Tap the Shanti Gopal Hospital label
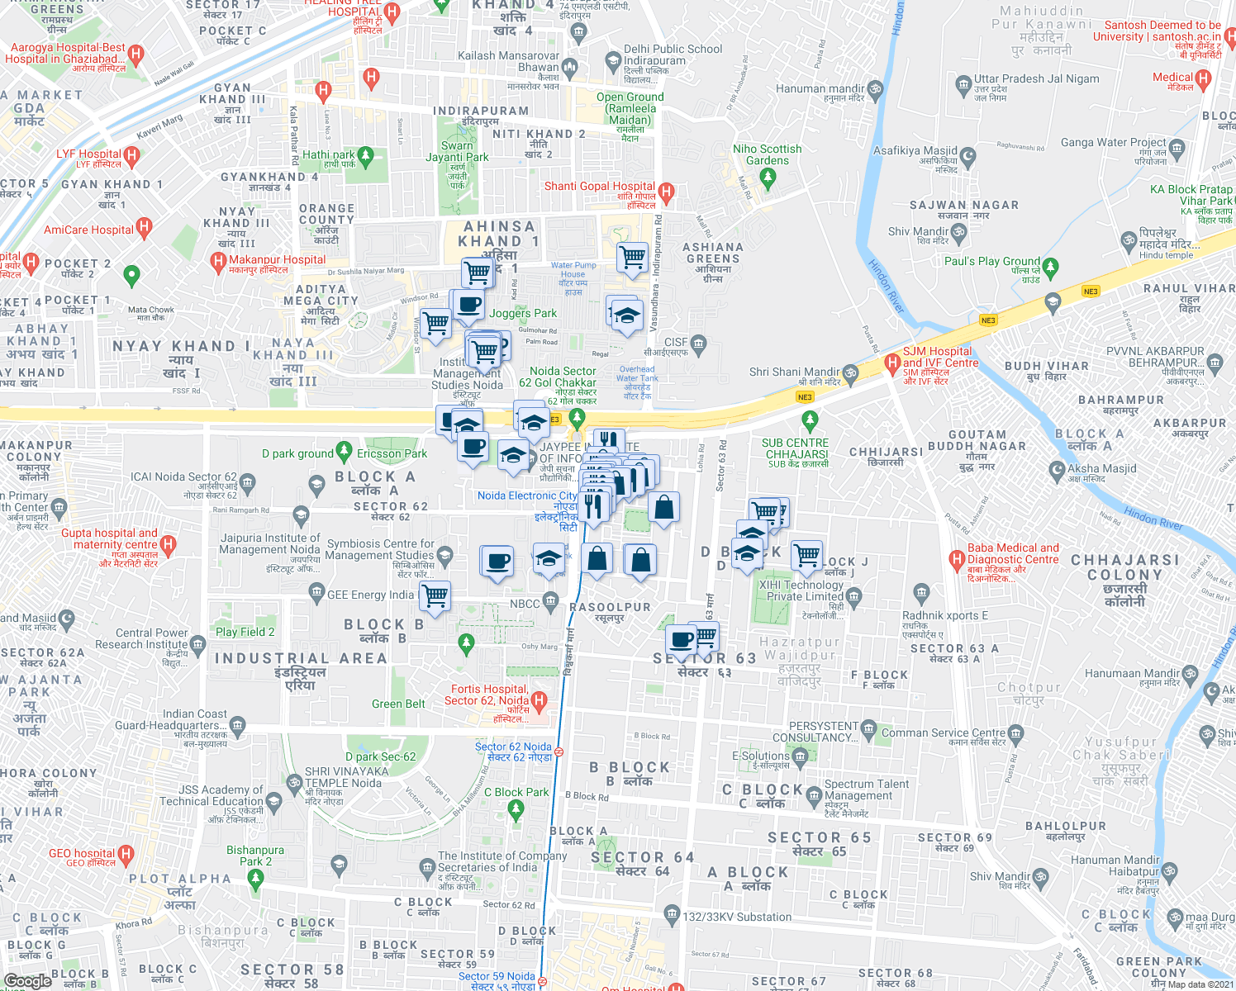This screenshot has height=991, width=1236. tap(599, 187)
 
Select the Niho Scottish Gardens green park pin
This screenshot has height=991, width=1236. tap(768, 176)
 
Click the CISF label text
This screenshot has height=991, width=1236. tap(675, 342)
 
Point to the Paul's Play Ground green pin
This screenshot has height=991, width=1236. tap(1050, 268)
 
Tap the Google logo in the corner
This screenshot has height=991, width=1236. tap(27, 981)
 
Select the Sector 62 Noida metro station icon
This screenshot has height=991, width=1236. tap(559, 752)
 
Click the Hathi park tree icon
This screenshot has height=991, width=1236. tap(366, 155)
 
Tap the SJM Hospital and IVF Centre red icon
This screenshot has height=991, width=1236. tap(891, 362)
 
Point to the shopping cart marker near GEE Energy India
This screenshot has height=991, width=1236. tap(435, 595)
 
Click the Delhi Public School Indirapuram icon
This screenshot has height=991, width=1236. tap(613, 60)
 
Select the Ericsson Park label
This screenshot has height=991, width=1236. tap(392, 453)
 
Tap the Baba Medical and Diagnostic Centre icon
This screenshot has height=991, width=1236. tap(958, 560)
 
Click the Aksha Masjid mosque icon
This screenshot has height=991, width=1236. tap(1057, 470)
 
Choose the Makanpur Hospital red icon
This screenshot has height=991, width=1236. tap(218, 262)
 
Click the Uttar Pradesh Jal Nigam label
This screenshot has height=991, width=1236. tap(1036, 79)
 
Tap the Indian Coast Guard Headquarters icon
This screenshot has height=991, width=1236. tap(238, 725)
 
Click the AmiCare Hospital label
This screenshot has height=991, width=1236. tap(88, 230)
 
